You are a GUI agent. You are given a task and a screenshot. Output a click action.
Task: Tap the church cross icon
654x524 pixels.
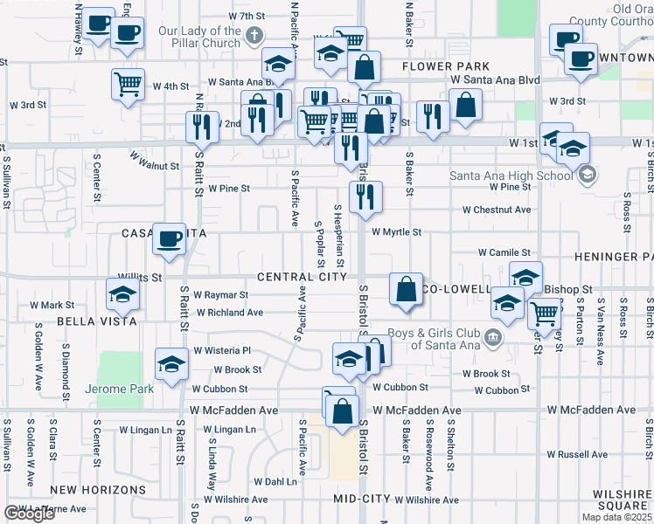coord(254,36)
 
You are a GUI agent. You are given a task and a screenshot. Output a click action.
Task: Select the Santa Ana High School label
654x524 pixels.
coord(512,175)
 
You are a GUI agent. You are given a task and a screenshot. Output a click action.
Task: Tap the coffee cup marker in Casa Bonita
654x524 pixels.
coord(169,238)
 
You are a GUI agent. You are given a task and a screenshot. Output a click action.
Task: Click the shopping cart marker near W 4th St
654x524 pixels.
coord(128,85)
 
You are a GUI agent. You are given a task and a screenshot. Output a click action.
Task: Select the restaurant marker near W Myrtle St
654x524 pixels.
coord(365,195)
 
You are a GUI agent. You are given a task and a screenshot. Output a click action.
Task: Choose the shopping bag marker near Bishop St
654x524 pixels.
coord(407,289)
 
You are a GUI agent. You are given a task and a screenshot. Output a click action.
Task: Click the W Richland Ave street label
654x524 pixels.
coord(229,312)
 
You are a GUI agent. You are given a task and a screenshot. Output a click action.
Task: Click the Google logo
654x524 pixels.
coord(29,514)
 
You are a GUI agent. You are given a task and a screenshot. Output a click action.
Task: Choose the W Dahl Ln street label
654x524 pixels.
coord(275,481)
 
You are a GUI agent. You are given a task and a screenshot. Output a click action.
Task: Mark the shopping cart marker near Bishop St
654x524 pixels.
coord(545,312)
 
